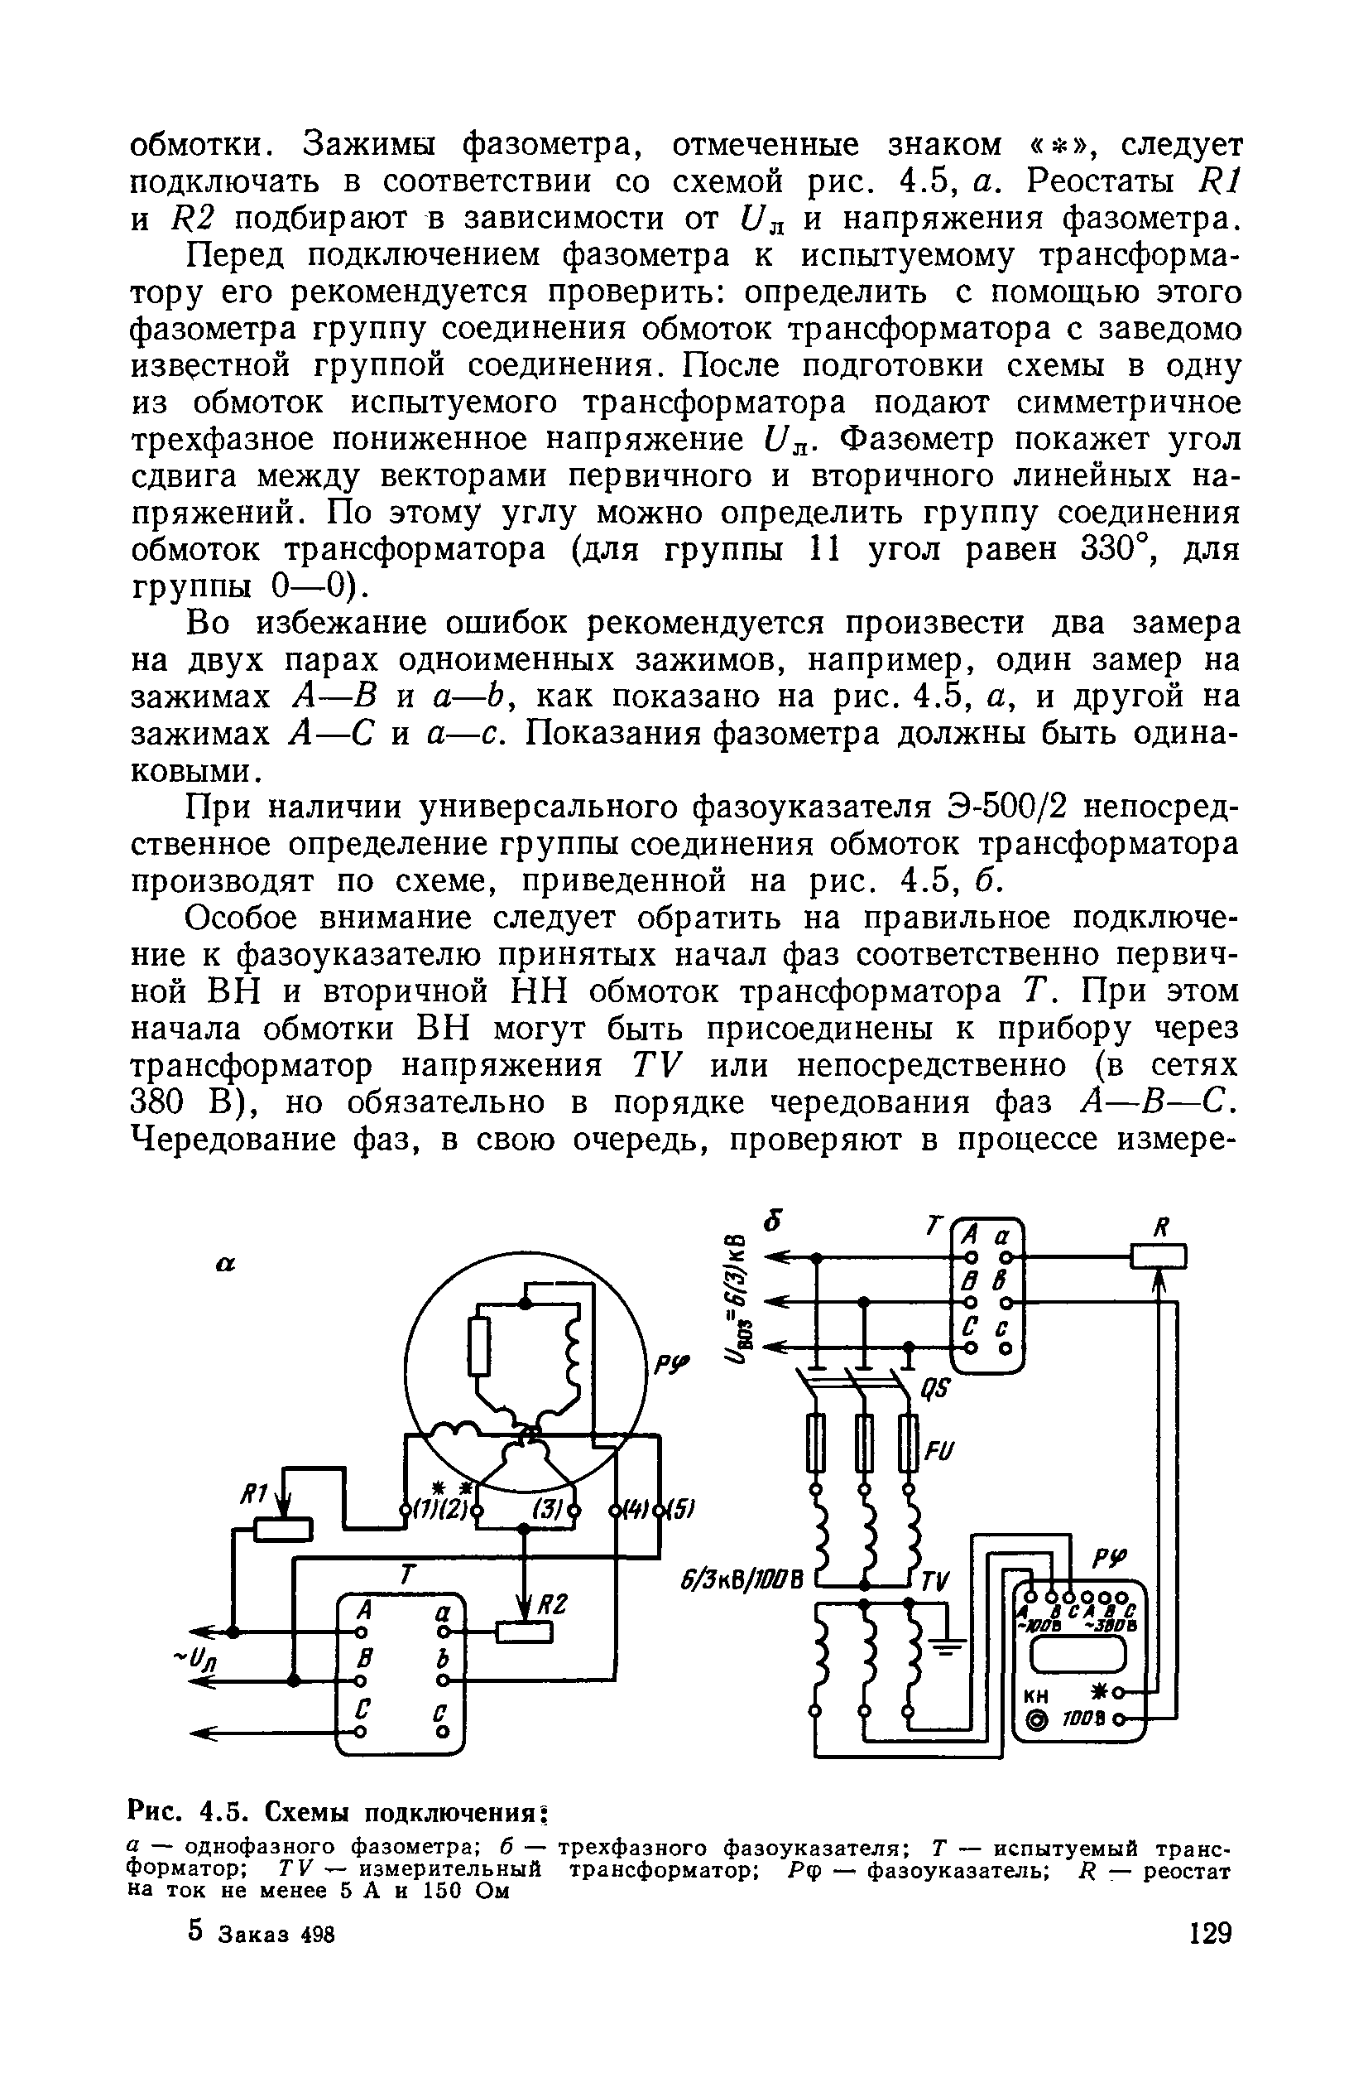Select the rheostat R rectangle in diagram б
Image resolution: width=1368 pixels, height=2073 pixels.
pyautogui.click(x=1158, y=1256)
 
